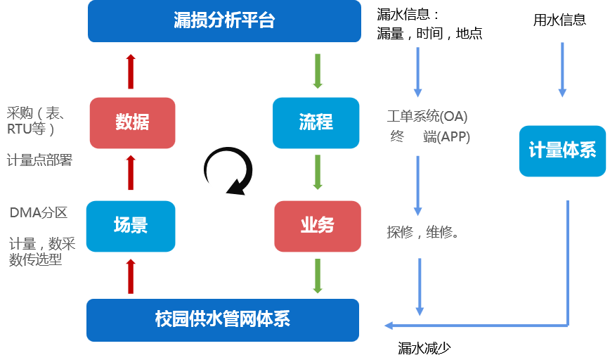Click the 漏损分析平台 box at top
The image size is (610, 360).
point(223,20)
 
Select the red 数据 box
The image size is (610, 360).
point(132,122)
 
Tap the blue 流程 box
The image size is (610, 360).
point(316,122)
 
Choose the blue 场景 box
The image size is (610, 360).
point(130,226)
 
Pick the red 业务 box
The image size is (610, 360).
point(317,226)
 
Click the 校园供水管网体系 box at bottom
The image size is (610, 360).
point(222,320)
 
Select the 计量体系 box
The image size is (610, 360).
point(562,150)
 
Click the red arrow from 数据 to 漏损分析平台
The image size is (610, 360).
point(131,70)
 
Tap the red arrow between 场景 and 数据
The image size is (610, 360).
point(131,173)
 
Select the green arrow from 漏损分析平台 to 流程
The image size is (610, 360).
point(318,70)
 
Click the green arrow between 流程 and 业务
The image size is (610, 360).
point(318,172)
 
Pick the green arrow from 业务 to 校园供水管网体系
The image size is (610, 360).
point(318,276)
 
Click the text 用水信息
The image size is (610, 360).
point(559,20)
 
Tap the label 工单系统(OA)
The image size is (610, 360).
point(427,115)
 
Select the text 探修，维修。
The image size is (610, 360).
point(422,232)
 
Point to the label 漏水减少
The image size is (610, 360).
point(423,347)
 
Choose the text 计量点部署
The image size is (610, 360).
point(39,160)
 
